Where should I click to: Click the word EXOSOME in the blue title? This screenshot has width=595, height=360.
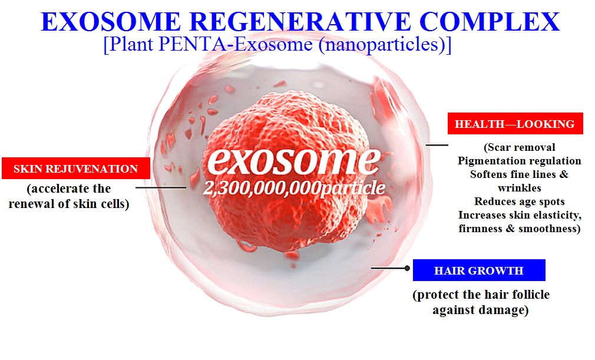pyautogui.click(x=111, y=22)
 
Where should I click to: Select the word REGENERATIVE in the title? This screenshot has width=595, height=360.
pyautogui.click(x=300, y=22)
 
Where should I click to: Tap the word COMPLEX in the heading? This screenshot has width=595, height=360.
pyautogui.click(x=490, y=22)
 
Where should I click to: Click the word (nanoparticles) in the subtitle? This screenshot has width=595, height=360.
pyautogui.click(x=385, y=45)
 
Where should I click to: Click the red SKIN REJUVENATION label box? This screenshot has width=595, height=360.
pyautogui.click(x=76, y=169)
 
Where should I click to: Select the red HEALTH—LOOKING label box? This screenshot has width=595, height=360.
pyautogui.click(x=515, y=124)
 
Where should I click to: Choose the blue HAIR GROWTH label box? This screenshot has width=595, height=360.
pyautogui.click(x=479, y=270)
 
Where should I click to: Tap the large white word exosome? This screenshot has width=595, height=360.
pyautogui.click(x=294, y=160)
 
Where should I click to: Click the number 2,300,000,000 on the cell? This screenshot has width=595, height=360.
pyautogui.click(x=262, y=188)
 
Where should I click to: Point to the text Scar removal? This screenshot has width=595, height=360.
pyautogui.click(x=520, y=147)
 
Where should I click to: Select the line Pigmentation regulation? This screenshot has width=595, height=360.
pyautogui.click(x=519, y=161)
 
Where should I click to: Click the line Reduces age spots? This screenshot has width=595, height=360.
pyautogui.click(x=519, y=201)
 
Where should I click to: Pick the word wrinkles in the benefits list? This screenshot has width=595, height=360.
pyautogui.click(x=519, y=188)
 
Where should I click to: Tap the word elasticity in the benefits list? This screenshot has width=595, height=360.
pyautogui.click(x=545, y=215)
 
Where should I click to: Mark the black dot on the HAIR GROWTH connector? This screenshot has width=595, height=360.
pyautogui.click(x=407, y=268)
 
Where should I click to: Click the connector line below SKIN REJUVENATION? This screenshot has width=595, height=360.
pyautogui.click(x=161, y=187)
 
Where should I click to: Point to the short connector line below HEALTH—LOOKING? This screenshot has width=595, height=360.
pyautogui.click(x=437, y=144)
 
